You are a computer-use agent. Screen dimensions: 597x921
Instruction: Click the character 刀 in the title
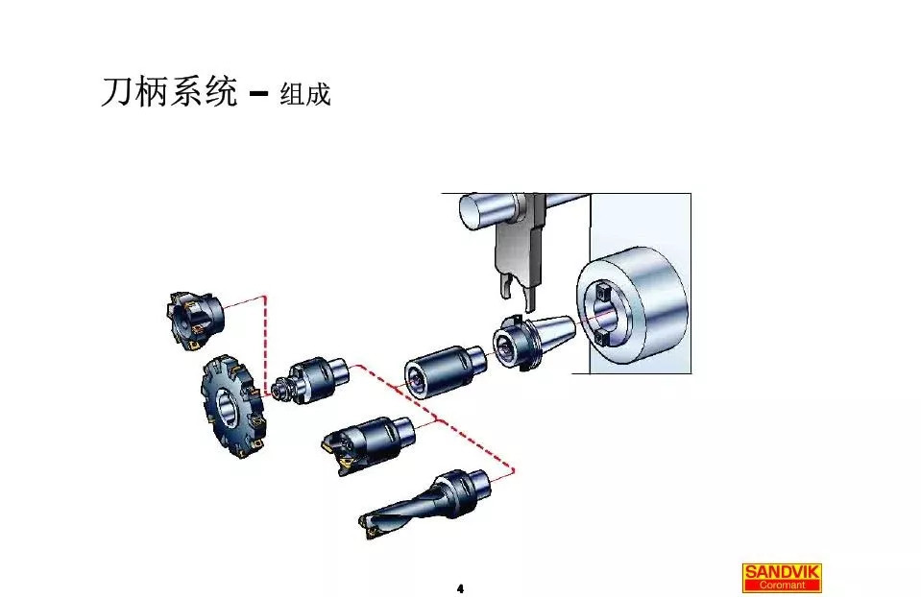click(116, 92)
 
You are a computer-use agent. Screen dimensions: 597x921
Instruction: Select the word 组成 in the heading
click(304, 94)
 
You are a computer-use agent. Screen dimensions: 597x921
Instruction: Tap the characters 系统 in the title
click(203, 92)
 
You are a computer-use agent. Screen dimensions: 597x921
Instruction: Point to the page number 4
click(460, 586)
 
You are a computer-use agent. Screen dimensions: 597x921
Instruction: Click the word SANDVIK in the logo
click(782, 572)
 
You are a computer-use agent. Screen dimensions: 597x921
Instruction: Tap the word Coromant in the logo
click(782, 585)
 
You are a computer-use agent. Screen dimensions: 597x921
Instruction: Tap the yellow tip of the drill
click(368, 525)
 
